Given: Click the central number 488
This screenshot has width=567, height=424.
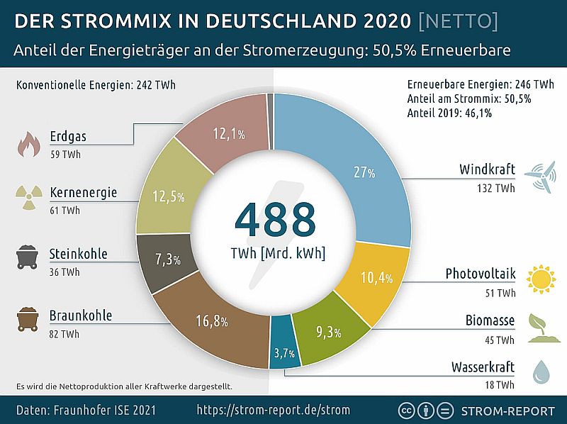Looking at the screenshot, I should (x=276, y=221).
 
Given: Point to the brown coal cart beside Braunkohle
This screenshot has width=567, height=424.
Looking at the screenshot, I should (x=28, y=320).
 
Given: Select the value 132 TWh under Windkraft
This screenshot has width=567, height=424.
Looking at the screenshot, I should (x=496, y=188).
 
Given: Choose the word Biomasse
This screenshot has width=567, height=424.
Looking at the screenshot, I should (x=490, y=320).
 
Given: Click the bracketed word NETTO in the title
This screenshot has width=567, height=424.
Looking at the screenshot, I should (x=458, y=21).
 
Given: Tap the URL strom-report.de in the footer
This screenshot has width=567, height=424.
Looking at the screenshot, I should (x=273, y=410).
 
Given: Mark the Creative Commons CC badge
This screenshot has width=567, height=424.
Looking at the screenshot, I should (x=408, y=410).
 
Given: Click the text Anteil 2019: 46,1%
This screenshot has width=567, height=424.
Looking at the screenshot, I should (x=449, y=112).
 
